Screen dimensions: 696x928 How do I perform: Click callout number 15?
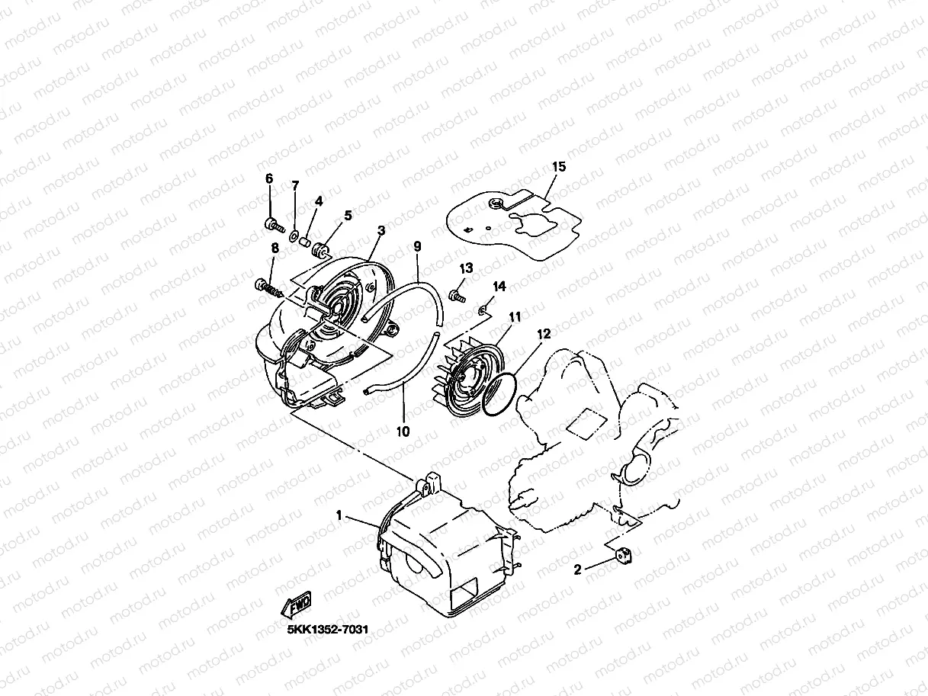point(558,166)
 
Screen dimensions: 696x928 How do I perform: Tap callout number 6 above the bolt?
point(268,178)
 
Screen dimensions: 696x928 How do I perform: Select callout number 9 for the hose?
point(417,246)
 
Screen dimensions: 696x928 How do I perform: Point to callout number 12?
point(543,333)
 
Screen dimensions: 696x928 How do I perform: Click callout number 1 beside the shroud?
point(339,516)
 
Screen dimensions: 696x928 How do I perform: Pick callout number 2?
point(578,569)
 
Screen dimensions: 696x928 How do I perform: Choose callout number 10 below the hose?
point(403,431)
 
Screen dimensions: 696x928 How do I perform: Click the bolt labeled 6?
point(271,224)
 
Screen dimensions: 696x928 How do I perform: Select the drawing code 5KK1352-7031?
point(328,630)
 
